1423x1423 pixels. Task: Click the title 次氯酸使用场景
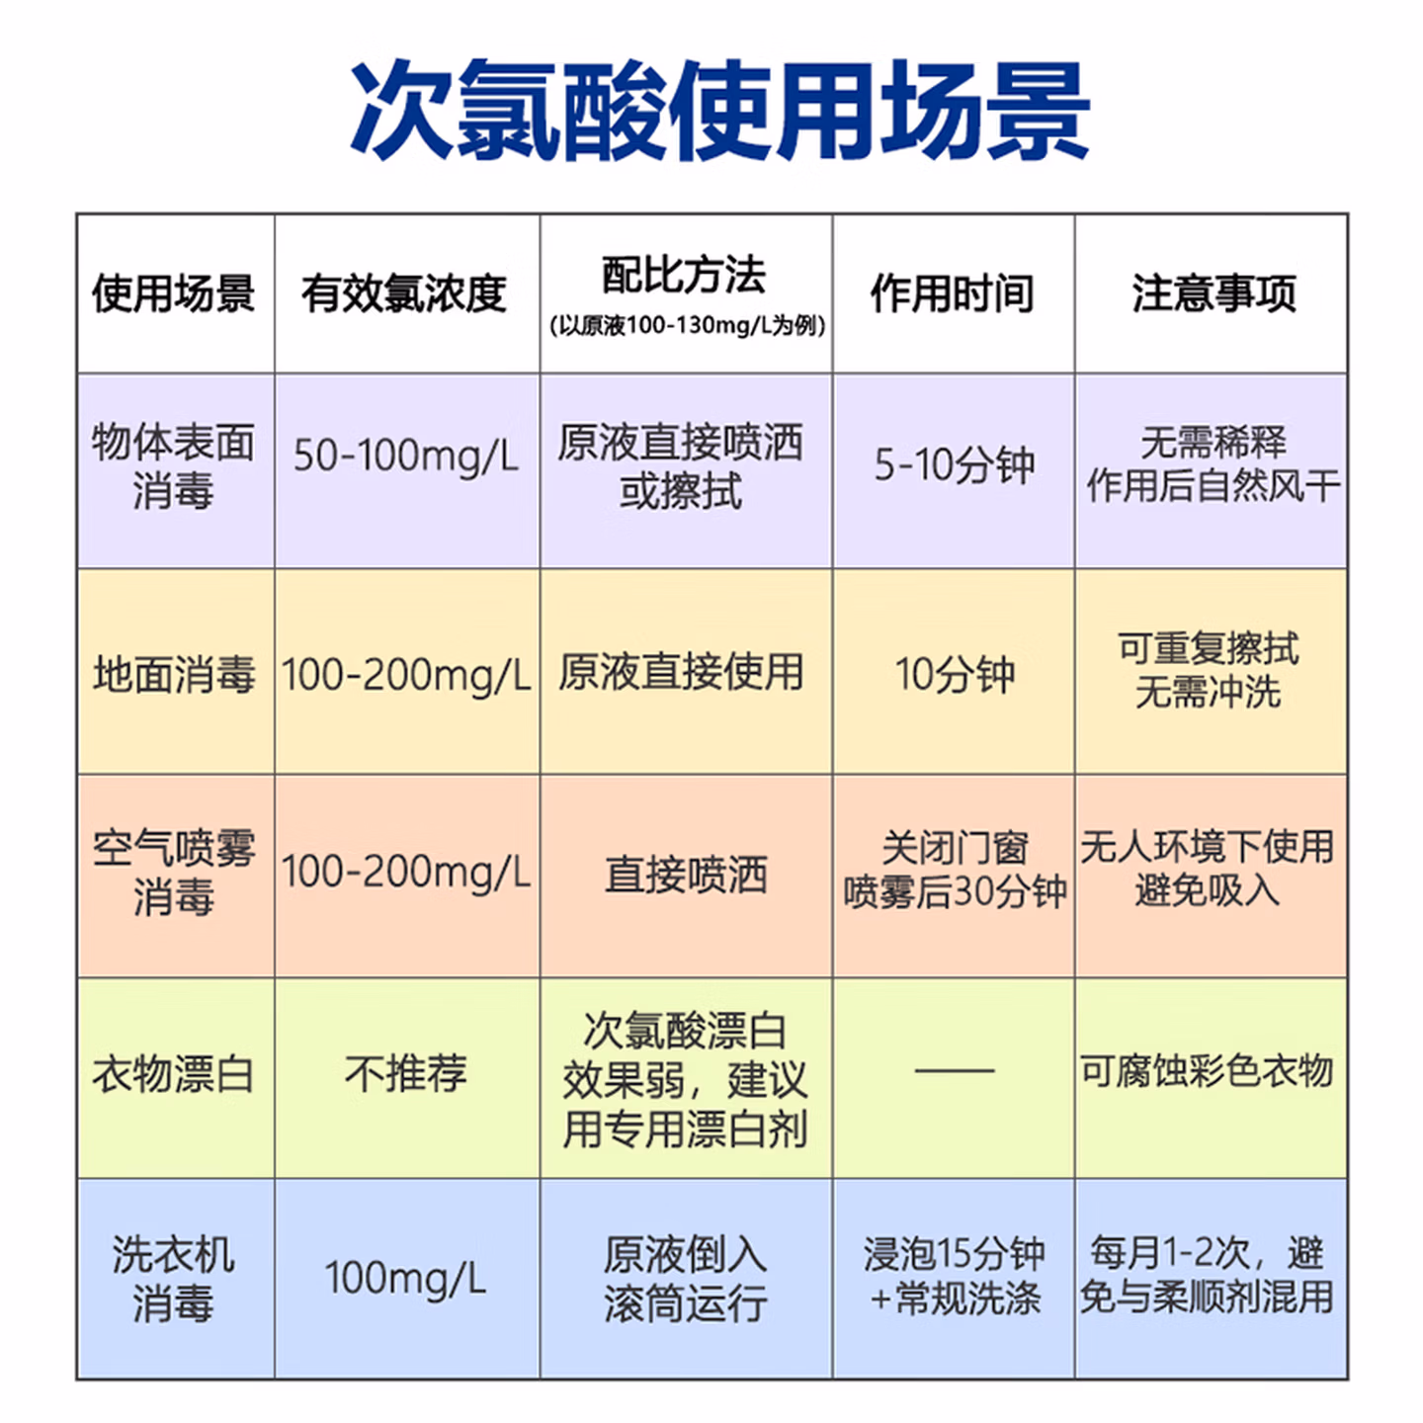pyautogui.click(x=719, y=111)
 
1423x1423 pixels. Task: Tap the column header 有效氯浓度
pyautogui.click(x=404, y=293)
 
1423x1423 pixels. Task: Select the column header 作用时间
pyautogui.click(x=953, y=293)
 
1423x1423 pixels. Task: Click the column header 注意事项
pyautogui.click(x=1213, y=293)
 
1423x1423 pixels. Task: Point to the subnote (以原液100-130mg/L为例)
pyautogui.click(x=686, y=326)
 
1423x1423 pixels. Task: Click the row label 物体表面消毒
pyautogui.click(x=174, y=466)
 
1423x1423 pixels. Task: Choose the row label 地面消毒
pyautogui.click(x=174, y=674)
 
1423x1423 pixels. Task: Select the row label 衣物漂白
pyautogui.click(x=174, y=1074)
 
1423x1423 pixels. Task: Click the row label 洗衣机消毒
pyautogui.click(x=174, y=1279)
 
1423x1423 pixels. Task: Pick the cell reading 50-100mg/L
pyautogui.click(x=406, y=457)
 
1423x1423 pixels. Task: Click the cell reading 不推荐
pyautogui.click(x=406, y=1074)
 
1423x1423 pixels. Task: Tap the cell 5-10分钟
pyautogui.click(x=954, y=464)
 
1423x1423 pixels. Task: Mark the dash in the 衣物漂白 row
pyautogui.click(x=954, y=1070)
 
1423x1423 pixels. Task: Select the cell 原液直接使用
pyautogui.click(x=681, y=673)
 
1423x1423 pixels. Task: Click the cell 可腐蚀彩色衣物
pyautogui.click(x=1207, y=1071)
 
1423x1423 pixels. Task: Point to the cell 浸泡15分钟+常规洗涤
pyautogui.click(x=954, y=1276)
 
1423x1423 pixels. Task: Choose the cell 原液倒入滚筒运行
pyautogui.click(x=685, y=1279)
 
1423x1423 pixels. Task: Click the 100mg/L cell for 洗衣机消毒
pyautogui.click(x=406, y=1278)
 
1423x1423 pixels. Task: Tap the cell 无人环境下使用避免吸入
pyautogui.click(x=1207, y=869)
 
